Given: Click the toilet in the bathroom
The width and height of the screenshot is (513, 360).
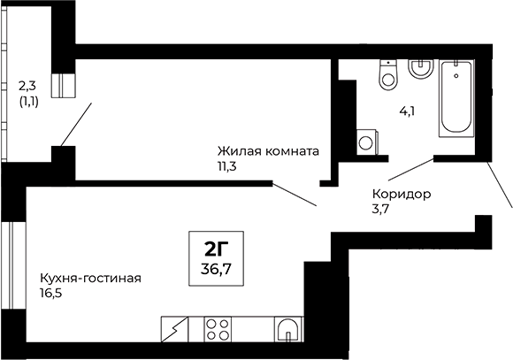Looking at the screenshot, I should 387,73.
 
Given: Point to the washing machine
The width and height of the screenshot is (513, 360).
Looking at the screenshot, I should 364,141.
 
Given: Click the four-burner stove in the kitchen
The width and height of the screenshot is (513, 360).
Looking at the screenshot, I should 218,330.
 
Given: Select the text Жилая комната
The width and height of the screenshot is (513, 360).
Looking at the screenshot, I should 268,150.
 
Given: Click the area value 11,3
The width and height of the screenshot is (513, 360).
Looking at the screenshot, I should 229,165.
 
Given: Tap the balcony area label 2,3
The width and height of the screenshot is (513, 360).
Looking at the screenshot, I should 27,86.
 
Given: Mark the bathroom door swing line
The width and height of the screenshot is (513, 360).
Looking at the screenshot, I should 410,172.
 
